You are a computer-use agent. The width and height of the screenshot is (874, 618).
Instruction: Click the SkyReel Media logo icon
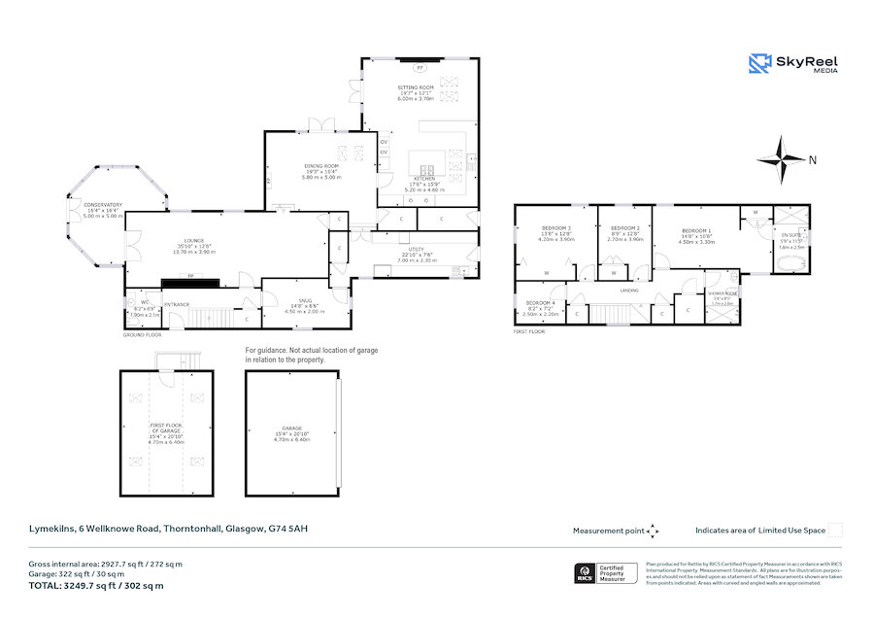pos(759,64)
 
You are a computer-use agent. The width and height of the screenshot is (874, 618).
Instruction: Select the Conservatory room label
pos(102,204)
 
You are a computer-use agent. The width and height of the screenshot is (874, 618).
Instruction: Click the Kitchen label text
pos(422,180)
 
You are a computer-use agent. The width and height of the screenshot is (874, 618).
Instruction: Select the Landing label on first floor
pos(629,291)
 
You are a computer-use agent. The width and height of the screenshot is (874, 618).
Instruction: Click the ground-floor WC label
pos(143,303)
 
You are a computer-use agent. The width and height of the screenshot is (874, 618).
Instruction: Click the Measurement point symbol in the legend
pos(653,531)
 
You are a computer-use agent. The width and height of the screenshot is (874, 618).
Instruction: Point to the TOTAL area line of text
pos(95,585)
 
